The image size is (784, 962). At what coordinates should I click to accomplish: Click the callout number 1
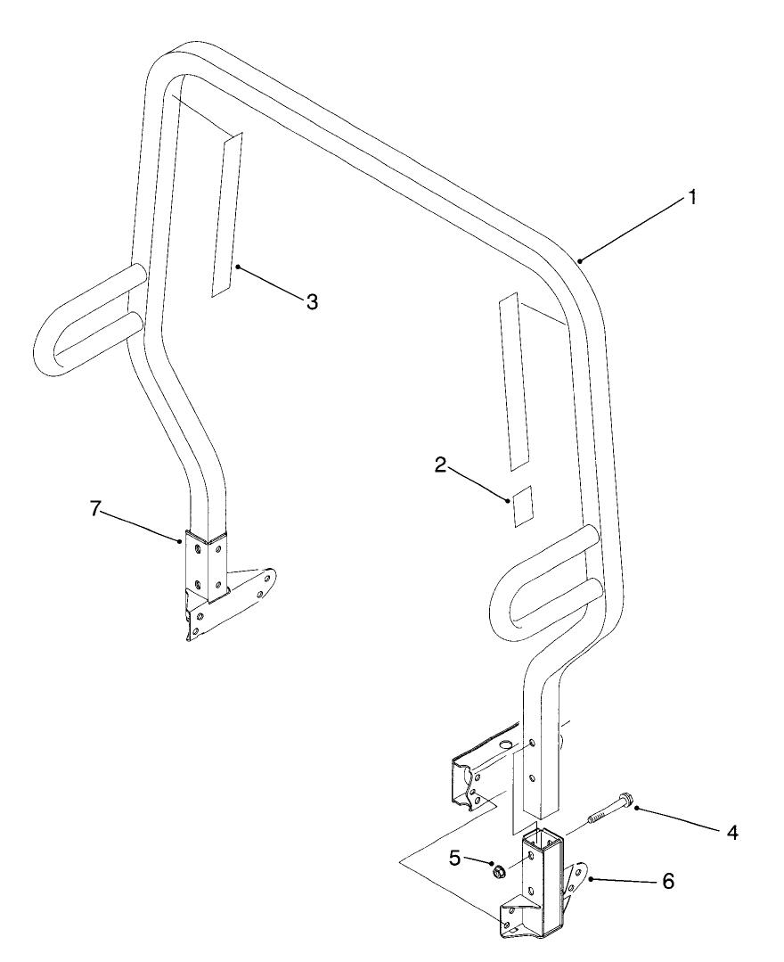click(692, 198)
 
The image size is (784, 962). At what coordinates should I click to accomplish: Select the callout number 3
click(312, 301)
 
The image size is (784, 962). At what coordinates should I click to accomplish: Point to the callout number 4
click(732, 833)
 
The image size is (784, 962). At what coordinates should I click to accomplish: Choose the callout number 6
click(668, 882)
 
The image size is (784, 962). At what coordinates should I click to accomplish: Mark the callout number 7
click(94, 508)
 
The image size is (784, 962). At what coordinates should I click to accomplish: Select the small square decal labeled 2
click(523, 506)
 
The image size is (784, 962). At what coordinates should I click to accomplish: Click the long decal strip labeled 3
click(227, 214)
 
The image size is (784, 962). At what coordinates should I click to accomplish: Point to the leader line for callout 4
click(679, 819)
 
